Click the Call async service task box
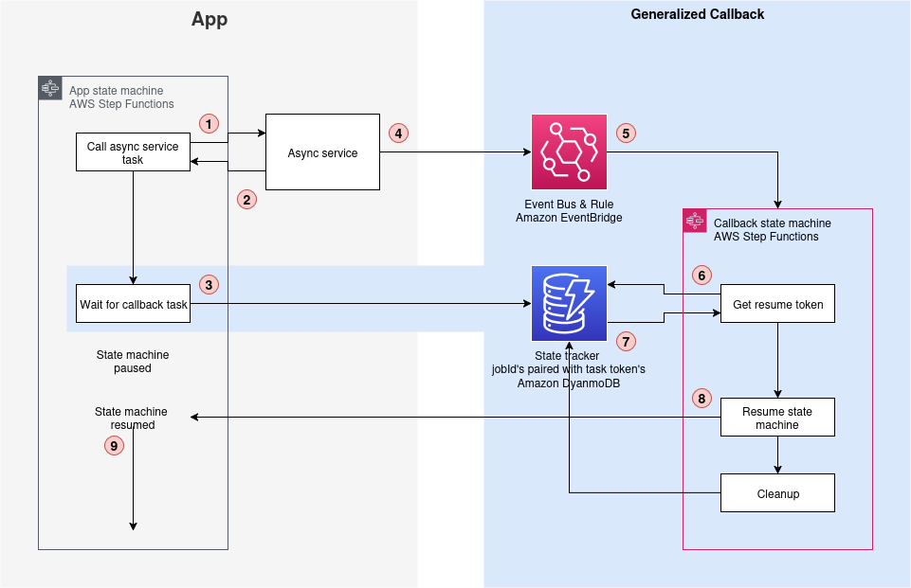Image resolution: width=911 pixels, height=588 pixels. tap(133, 152)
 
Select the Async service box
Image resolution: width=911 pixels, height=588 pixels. tap(322, 152)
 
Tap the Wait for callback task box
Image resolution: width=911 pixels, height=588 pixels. tap(133, 304)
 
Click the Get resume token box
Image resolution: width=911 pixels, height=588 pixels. tap(777, 304)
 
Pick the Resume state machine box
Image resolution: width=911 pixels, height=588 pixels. tap(777, 418)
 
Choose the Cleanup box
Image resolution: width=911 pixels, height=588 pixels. tap(777, 493)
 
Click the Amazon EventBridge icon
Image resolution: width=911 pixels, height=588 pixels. tap(569, 151)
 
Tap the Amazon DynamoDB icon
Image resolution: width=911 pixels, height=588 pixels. tap(569, 303)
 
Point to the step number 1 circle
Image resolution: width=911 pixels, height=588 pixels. tap(209, 123)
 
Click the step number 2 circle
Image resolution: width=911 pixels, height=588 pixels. tap(246, 200)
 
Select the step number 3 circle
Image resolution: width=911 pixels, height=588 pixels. tap(209, 284)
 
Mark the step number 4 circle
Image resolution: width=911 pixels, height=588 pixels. tap(399, 134)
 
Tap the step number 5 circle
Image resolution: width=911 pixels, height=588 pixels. tap(626, 134)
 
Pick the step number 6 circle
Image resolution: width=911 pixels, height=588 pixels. tap(701, 276)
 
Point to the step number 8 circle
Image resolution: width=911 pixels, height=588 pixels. tap(701, 399)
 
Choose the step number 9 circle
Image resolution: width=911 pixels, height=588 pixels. tap(114, 444)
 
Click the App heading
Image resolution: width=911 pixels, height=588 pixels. tap(210, 19)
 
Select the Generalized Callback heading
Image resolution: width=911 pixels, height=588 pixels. tap(697, 14)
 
